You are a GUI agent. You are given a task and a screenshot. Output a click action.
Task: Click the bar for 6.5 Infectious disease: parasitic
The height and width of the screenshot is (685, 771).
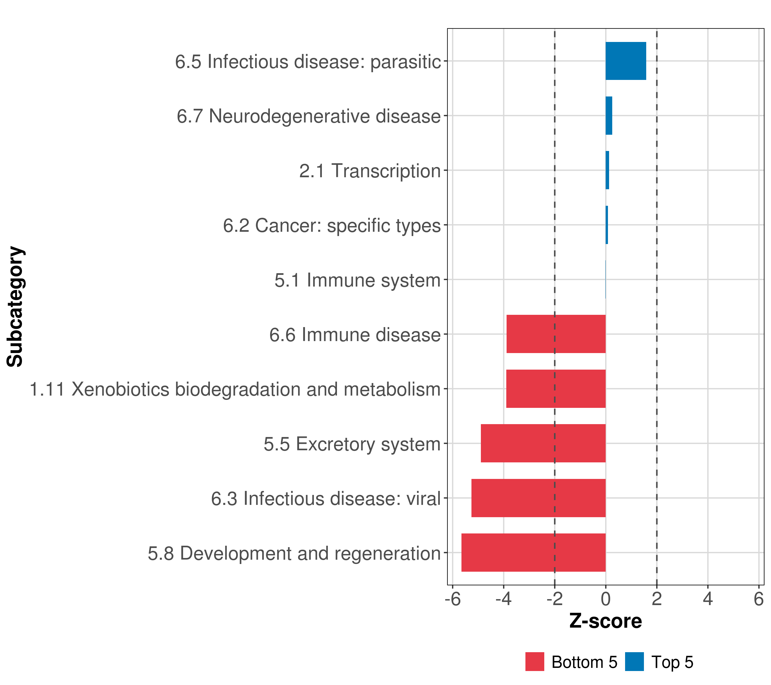(x=625, y=61)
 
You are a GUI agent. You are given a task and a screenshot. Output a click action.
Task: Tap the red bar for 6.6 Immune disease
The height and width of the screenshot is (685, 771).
(x=556, y=334)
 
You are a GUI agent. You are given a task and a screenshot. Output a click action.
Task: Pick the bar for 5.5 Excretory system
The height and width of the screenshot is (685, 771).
(x=543, y=443)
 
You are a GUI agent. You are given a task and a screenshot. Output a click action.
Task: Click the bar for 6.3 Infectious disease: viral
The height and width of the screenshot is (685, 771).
(x=538, y=498)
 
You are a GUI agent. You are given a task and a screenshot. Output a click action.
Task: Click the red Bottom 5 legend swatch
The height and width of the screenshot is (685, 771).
(x=535, y=662)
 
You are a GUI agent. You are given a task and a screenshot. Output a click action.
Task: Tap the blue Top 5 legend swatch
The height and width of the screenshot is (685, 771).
(x=634, y=662)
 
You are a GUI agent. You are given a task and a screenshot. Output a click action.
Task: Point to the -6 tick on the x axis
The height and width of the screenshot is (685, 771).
(x=453, y=599)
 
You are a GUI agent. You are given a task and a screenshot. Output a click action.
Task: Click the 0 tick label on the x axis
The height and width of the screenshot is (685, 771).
(x=605, y=599)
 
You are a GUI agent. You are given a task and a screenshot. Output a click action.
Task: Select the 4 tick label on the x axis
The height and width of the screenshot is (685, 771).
(x=708, y=599)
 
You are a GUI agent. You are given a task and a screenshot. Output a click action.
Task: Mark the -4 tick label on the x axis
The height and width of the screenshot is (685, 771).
(x=503, y=599)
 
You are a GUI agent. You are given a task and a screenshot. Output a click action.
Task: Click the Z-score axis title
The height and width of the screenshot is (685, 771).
(x=605, y=621)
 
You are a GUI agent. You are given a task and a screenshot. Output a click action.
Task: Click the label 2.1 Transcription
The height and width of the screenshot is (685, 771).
(x=370, y=171)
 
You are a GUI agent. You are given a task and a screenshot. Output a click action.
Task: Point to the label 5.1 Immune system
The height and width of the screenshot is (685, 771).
(x=357, y=280)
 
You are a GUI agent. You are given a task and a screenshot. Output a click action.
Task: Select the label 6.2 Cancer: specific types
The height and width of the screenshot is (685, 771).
(x=332, y=225)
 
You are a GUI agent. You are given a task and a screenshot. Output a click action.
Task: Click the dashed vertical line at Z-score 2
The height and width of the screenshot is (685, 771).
(x=657, y=264)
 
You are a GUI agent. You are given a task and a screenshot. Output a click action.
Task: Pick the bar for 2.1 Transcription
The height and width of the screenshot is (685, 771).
(x=607, y=170)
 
